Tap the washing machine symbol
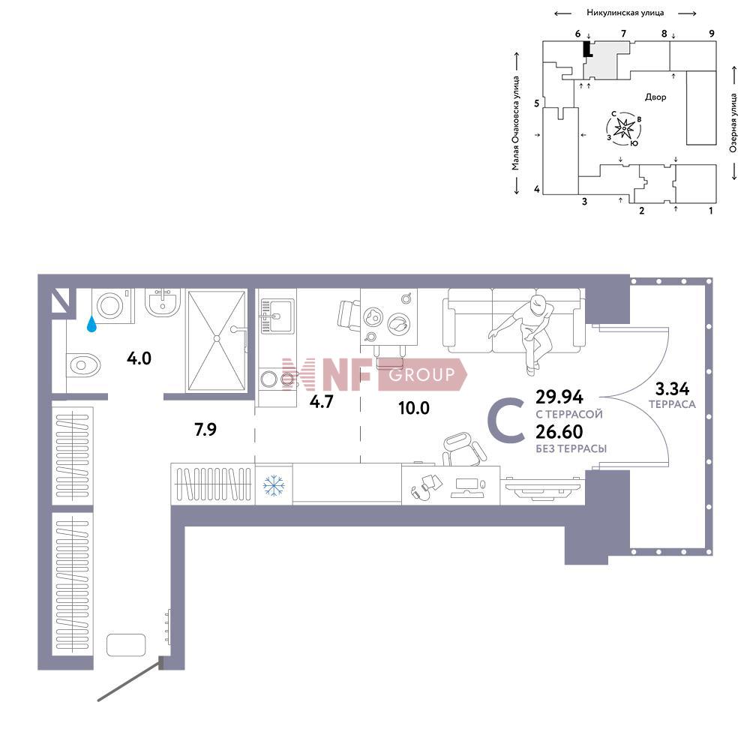(x=112, y=306)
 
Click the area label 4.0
(x=139, y=358)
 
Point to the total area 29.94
(x=559, y=397)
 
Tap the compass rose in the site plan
(x=623, y=130)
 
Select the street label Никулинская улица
(x=625, y=13)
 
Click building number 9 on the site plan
(x=711, y=34)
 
